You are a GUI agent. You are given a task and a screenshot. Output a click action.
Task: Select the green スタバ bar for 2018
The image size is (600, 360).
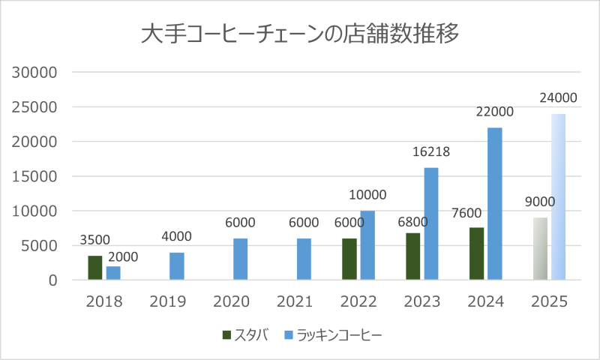coord(94,268)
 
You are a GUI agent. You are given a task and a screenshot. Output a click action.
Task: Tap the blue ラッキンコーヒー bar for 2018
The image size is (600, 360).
coord(113,273)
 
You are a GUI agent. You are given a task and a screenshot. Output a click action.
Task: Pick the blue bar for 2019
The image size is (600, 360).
coord(177,266)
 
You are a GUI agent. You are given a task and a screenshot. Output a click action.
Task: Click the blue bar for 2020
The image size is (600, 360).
coord(241,259)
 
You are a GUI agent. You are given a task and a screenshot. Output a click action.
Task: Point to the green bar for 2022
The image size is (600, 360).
coord(349,259)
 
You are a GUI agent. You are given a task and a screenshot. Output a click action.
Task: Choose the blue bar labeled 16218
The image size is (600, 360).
coord(431,223)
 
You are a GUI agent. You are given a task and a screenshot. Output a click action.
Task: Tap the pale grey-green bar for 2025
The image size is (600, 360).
coord(540,249)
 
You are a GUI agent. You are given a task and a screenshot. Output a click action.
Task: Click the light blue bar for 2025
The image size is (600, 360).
coord(559,197)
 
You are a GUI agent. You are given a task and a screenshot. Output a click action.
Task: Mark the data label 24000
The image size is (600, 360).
coord(559,97)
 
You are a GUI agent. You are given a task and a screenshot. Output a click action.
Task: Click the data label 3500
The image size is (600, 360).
coord(94,241)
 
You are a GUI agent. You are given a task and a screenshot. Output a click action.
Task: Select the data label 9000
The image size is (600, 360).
coord(540,202)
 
